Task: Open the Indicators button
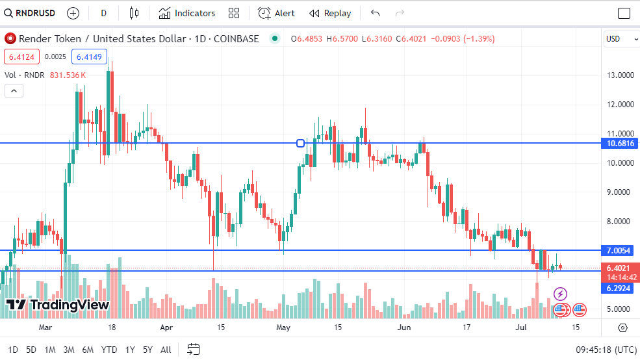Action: (x=187, y=13)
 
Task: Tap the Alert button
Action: (x=276, y=13)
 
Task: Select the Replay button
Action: (x=330, y=13)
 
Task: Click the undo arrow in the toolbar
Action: (x=375, y=13)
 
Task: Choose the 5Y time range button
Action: (x=147, y=350)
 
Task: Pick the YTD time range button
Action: (x=109, y=350)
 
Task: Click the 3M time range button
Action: (x=68, y=350)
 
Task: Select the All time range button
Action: (x=166, y=350)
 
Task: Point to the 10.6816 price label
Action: (x=620, y=143)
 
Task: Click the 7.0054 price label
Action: (x=620, y=250)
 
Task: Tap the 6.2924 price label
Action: (x=620, y=287)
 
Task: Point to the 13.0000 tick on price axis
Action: (x=620, y=75)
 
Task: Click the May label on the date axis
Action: (x=283, y=328)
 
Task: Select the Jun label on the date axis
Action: (x=404, y=328)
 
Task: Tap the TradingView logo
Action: (x=57, y=305)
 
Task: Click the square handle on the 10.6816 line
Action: (x=300, y=143)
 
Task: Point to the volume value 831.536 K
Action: (x=68, y=75)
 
